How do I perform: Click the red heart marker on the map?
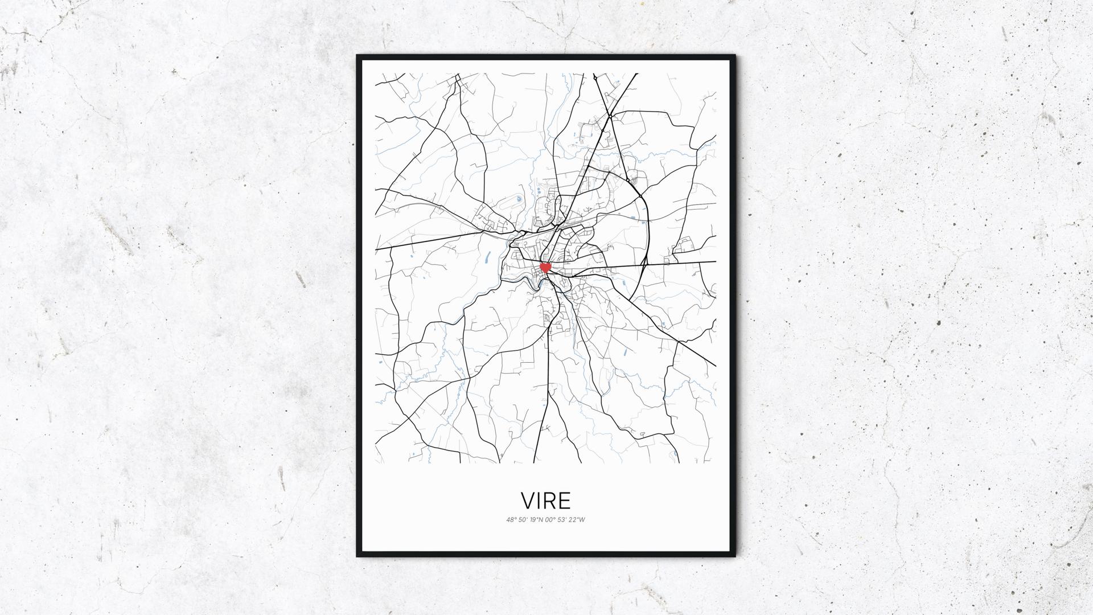[x=545, y=266]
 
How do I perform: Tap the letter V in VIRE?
[x=528, y=501]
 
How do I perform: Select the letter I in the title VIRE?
[x=539, y=501]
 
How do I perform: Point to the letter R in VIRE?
[x=549, y=501]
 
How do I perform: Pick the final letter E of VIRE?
[x=564, y=501]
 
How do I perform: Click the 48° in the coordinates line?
[x=511, y=519]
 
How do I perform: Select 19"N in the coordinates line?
[x=537, y=519]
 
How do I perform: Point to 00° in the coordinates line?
[x=551, y=519]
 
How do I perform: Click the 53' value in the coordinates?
[x=564, y=519]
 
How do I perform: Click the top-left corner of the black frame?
[x=358, y=56]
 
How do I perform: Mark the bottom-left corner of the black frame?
[x=358, y=556]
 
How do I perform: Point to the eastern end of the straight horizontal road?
[x=715, y=262]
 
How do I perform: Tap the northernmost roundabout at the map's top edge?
[x=610, y=116]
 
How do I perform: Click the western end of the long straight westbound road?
[x=376, y=249]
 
